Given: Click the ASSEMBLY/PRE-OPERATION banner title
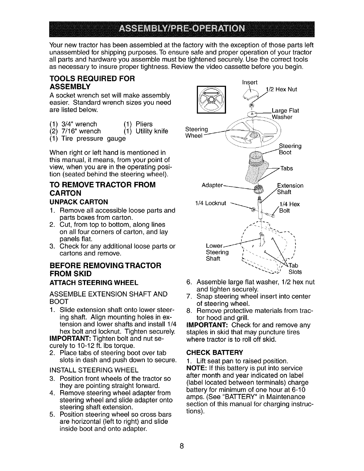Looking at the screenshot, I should [x=182, y=29].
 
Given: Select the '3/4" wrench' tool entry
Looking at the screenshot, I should [x=76, y=124].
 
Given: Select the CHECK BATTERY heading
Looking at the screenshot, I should [x=214, y=353].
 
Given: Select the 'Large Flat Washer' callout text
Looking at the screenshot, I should [x=285, y=114].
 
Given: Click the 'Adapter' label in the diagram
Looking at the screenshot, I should [x=212, y=185].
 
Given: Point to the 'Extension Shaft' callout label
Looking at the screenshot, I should [x=290, y=189].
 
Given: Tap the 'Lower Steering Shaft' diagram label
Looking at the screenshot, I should [x=217, y=252].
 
